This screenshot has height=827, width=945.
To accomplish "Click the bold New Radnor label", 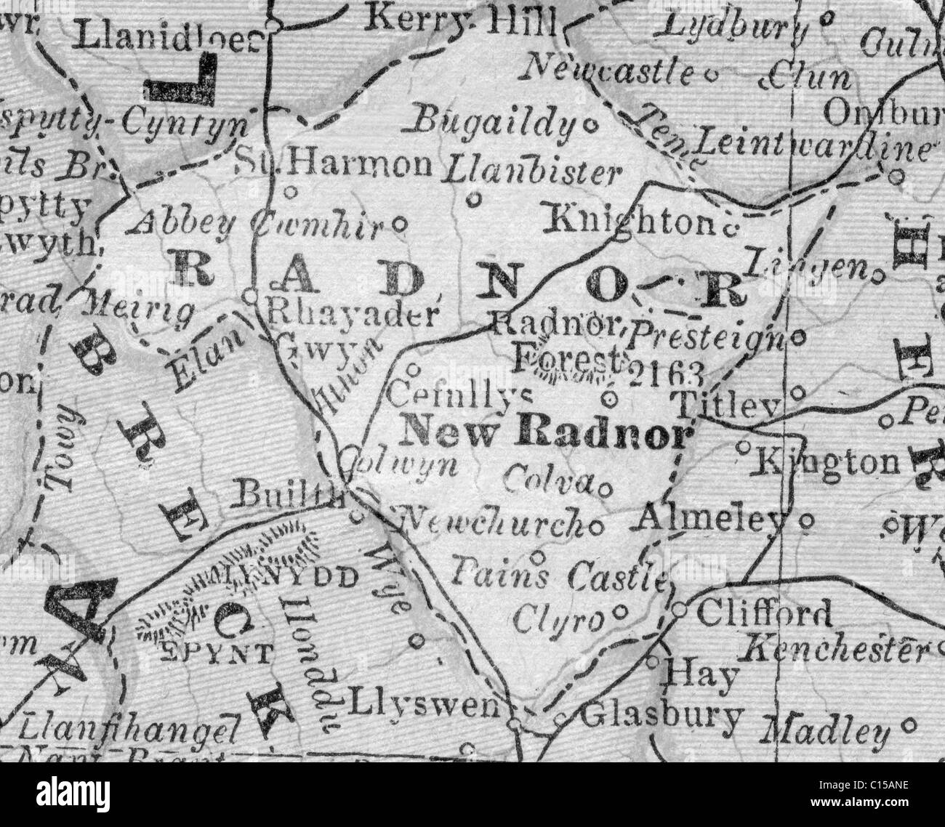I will tap(545, 433).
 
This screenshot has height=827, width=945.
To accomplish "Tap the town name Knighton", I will tap(630, 219).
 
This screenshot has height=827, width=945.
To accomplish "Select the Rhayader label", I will tap(353, 313).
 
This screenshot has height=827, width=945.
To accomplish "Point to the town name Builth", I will tap(290, 496).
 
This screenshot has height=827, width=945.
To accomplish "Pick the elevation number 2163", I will tap(665, 373).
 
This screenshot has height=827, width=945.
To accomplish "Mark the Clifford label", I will tap(764, 614).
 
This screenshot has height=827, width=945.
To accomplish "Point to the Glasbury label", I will tap(662, 716).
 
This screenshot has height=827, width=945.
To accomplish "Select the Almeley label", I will tap(712, 519).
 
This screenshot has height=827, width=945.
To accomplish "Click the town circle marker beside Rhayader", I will tap(249, 296).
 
